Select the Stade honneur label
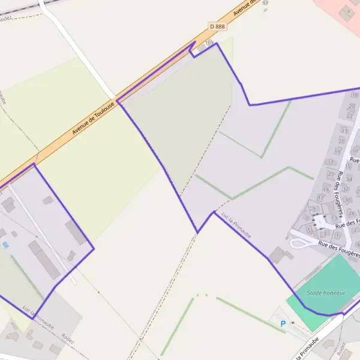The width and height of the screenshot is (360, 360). (x=323, y=293)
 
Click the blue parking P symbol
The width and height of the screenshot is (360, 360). (x=283, y=324)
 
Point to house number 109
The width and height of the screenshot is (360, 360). (x=209, y=43)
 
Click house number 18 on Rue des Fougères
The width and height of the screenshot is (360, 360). (x=355, y=95)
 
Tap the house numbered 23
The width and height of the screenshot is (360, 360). (x=344, y=130)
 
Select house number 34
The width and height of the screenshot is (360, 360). (x=349, y=179)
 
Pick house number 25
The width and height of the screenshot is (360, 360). (x=331, y=175)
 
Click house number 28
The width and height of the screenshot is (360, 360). (x=352, y=213)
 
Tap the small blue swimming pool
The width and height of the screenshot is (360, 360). (x=5, y=245)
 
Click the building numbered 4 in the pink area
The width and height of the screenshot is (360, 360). (x=347, y=11)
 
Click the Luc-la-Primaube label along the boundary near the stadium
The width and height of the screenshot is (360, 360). (x=236, y=223)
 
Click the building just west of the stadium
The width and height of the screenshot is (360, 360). (x=280, y=255)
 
